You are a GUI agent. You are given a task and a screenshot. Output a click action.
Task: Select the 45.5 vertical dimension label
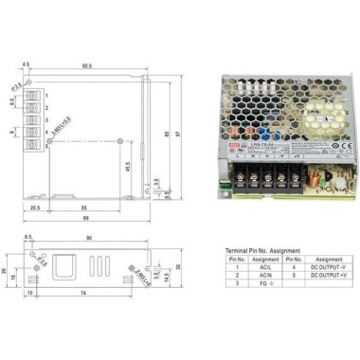127,165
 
